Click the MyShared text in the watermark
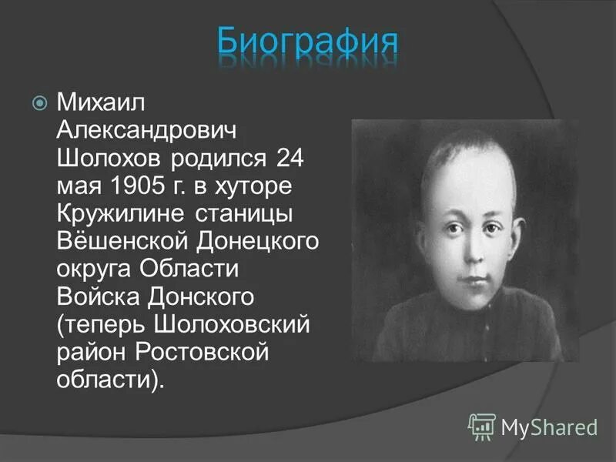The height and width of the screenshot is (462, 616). click(550, 426)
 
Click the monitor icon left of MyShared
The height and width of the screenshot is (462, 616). click(482, 425)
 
